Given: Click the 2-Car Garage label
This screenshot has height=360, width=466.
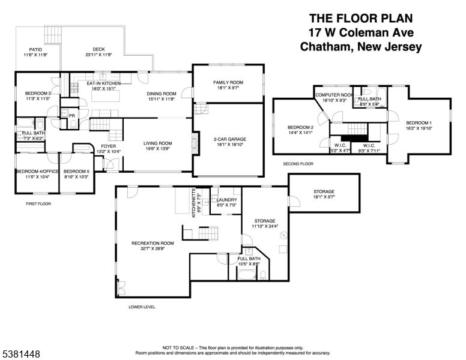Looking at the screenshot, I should click(228, 139).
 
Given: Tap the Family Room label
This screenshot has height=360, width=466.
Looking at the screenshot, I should click(228, 82).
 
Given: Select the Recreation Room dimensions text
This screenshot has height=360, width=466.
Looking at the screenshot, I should click(153, 248).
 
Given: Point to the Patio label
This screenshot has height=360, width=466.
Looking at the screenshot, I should click(35, 50).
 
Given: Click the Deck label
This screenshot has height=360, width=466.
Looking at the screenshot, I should click(98, 50).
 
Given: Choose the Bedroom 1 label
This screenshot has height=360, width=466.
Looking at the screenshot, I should click(419, 122).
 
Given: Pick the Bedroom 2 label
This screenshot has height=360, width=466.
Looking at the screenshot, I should click(300, 127).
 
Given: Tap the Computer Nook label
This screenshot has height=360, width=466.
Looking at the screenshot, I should click(334, 94).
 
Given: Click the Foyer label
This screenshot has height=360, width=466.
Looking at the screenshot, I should click(108, 146).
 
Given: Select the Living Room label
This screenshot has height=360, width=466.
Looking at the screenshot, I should click(157, 143).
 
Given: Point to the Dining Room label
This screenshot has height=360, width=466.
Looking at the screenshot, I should click(161, 94).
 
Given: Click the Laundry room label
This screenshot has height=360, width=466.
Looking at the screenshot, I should click(227, 200).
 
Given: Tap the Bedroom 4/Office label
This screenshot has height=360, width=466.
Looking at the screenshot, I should click(36, 171).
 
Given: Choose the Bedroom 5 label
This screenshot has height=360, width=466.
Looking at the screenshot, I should click(76, 171).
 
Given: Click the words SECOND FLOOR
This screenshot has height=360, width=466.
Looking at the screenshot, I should click(298, 163).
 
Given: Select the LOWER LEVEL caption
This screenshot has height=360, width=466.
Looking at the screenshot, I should click(142, 306).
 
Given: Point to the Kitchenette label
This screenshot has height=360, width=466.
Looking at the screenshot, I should click(194, 204).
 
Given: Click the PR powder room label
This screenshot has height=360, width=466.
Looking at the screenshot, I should click(71, 115).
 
